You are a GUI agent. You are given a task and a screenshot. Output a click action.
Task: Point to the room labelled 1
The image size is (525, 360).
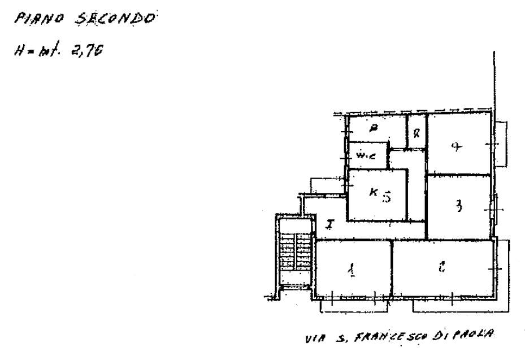(x=352, y=270)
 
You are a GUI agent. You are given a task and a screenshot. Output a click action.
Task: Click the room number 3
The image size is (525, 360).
(x=459, y=207)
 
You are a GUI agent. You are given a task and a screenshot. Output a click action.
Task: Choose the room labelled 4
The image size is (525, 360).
(x=457, y=148)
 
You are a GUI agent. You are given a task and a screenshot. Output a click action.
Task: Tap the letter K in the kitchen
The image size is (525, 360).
(x=373, y=192)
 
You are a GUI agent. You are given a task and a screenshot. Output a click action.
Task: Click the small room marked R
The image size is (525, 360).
(x=416, y=134)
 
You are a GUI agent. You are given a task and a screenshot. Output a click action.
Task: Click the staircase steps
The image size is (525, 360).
(x=295, y=253)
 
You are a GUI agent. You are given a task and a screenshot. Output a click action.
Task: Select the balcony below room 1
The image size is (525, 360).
(x=354, y=305)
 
